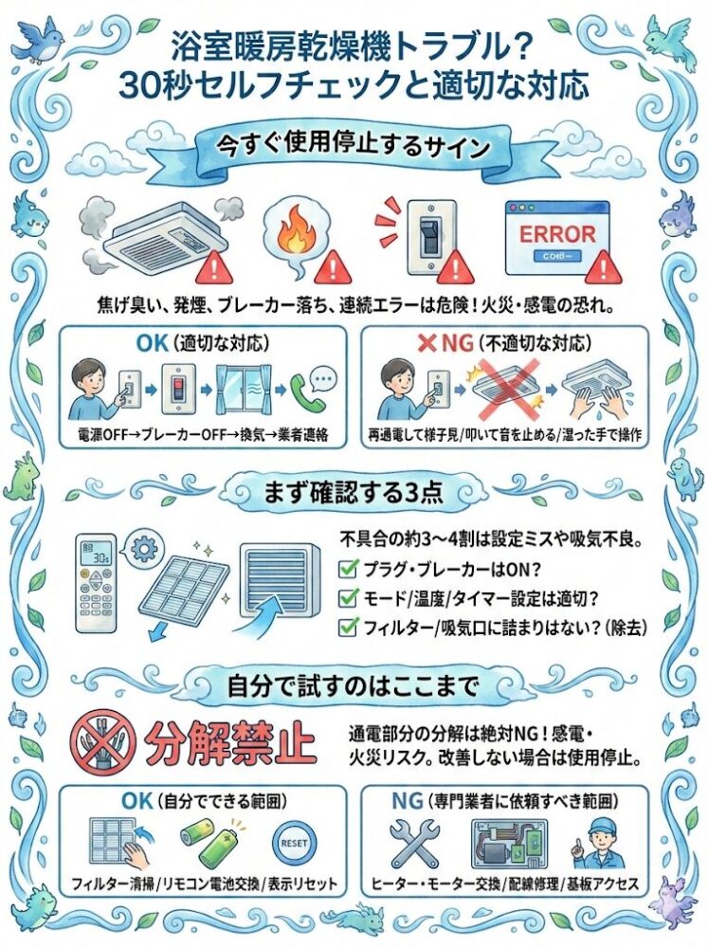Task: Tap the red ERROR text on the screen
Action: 557,233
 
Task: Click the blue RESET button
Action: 294,843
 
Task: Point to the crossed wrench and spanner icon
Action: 414,843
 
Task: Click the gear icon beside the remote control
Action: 143,548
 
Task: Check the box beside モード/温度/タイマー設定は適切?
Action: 348,598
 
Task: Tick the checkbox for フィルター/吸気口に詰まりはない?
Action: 348,627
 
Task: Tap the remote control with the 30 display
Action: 96,583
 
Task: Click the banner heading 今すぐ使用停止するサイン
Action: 354,146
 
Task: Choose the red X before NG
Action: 427,343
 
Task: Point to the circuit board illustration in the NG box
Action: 509,844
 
